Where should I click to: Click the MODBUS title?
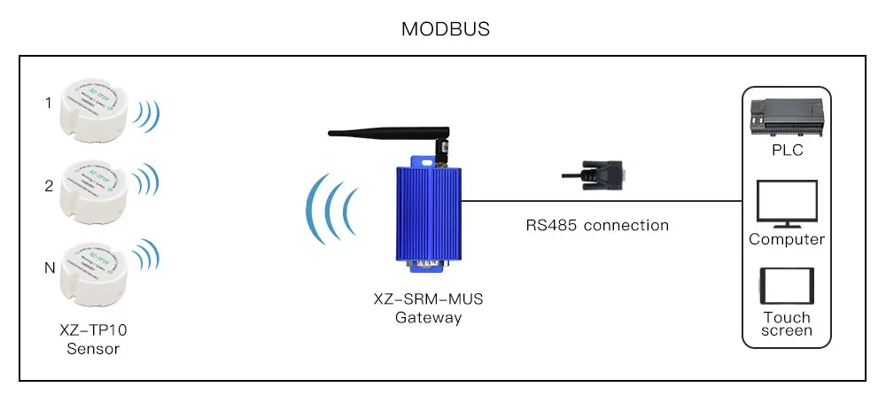[446, 28]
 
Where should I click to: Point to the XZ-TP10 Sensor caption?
[94, 339]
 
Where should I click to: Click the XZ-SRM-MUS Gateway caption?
[428, 309]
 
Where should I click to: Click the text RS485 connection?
[596, 225]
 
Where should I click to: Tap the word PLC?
[786, 151]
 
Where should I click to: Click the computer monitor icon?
[786, 205]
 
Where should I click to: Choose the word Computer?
[786, 239]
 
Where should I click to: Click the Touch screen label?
[786, 324]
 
